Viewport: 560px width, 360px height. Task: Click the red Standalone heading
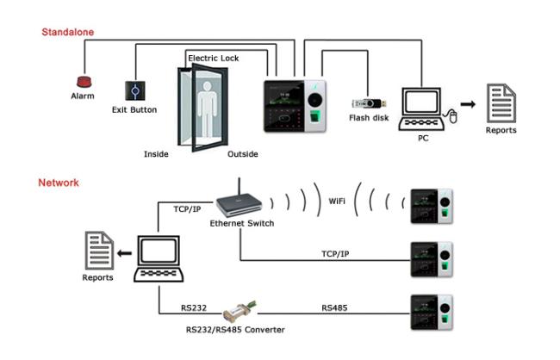(x=68, y=32)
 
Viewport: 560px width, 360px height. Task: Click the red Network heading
(x=59, y=183)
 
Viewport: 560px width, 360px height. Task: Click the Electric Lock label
(x=213, y=58)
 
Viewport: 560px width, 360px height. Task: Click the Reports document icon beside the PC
(x=501, y=104)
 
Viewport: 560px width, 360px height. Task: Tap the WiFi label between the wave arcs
(x=338, y=202)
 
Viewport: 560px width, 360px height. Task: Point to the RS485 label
(x=334, y=307)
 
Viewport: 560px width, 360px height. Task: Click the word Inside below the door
(x=155, y=155)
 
